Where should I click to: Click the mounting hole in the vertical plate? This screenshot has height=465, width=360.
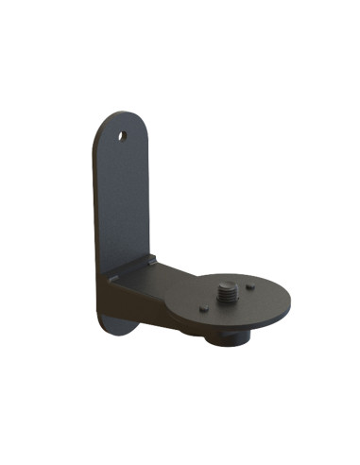pyautogui.click(x=121, y=134)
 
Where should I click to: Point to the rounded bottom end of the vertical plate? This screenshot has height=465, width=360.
pyautogui.click(x=116, y=329)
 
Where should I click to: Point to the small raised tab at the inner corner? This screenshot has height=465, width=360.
pyautogui.click(x=147, y=259)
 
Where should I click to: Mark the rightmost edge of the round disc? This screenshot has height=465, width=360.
pyautogui.click(x=290, y=300)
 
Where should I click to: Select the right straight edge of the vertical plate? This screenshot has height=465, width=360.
pyautogui.click(x=149, y=198)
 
